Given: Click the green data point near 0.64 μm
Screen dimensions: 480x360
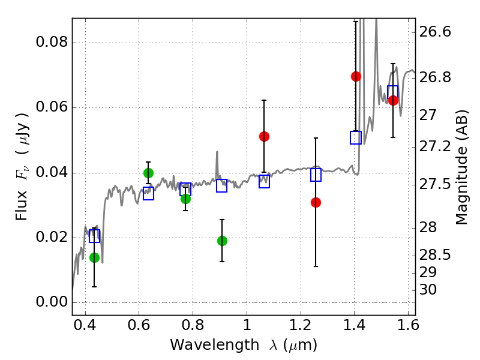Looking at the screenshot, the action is pos(148,173).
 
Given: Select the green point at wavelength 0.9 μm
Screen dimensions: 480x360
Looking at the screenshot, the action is pos(222,241).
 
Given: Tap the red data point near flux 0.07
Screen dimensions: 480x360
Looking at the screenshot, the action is pos(356,77).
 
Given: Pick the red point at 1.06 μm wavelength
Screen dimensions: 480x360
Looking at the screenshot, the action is pos(264,137).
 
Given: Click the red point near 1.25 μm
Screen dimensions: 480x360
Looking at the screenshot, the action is pos(316,202).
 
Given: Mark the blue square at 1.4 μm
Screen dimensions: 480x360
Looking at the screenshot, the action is pos(356,138).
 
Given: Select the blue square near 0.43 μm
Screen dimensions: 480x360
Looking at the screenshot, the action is pos(94,236).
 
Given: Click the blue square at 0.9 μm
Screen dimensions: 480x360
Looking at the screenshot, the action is pos(221,185).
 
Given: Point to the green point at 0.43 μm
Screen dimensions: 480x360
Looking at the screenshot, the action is pos(94,258).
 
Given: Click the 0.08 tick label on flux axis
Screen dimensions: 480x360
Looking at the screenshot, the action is pos(52,41).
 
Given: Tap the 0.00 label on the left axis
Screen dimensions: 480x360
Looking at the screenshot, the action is pos(52,302).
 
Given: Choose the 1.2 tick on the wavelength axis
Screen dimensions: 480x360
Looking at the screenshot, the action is pos(301,325).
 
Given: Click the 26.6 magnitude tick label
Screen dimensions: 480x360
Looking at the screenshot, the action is pos(434,32).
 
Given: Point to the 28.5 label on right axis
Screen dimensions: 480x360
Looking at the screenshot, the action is pos(434,255).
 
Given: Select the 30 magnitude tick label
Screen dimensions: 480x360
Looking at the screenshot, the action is pos(428,290).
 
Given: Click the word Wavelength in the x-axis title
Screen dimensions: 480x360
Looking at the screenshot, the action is pos(215,345).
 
